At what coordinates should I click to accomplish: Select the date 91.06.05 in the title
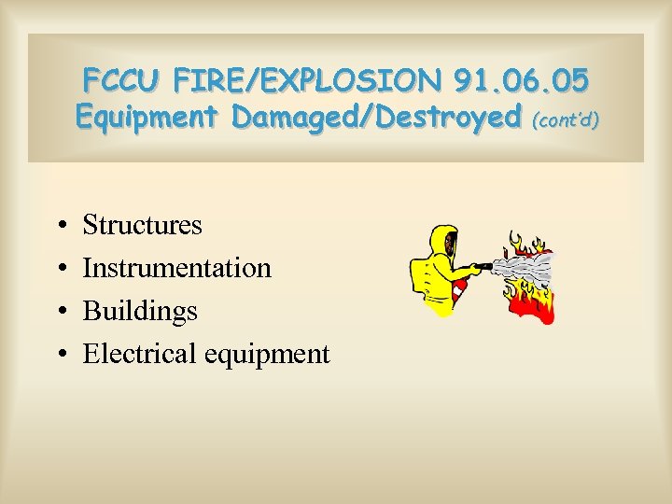coord(523,81)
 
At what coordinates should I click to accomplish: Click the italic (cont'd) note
coord(564,119)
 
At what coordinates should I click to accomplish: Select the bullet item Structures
coord(142,225)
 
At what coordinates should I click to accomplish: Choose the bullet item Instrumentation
coord(176,268)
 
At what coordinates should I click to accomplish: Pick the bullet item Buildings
coord(140,311)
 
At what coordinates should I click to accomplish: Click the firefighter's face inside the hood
coord(450,245)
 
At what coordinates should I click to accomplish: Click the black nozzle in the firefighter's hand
coord(483,268)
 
